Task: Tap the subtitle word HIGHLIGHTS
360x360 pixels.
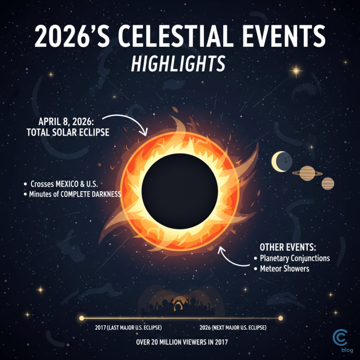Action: point(178,64)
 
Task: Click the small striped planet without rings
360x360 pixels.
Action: point(328,184)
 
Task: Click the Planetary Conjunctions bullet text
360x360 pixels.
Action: point(295,258)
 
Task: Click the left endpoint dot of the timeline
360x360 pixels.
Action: point(81,318)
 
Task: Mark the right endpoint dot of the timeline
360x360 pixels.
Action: point(280,318)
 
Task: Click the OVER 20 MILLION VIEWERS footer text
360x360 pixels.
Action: point(182,342)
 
